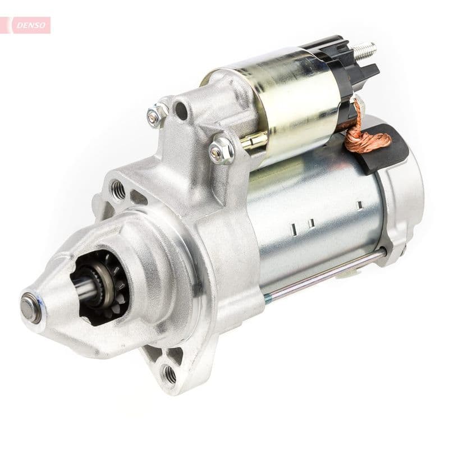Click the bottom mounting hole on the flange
[x=168, y=373]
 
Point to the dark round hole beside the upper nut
[x=181, y=110]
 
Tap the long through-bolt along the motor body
[x=326, y=275]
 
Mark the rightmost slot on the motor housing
[x=359, y=205]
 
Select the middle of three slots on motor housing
[x=310, y=223]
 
